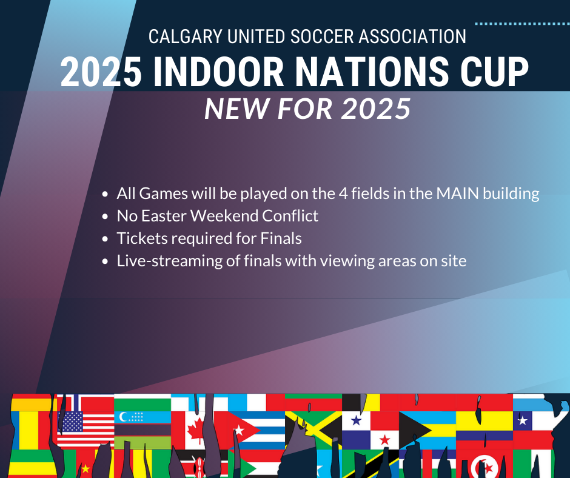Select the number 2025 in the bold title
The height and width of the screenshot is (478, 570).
pos(101,72)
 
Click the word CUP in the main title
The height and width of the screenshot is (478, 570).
pos(494,72)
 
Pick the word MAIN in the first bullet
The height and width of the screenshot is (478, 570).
pos(457,193)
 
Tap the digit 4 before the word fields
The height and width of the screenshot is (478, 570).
pos(343,194)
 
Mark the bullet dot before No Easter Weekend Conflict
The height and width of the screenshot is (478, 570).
pos(105,217)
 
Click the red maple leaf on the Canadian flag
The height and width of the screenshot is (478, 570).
pos(196,430)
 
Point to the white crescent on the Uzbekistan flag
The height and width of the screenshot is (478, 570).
pos(124,417)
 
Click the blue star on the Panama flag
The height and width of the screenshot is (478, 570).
pos(357,420)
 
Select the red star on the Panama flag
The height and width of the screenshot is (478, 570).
pos(384,440)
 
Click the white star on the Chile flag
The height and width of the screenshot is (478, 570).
pos(522,421)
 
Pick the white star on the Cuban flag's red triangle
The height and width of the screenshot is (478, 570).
pos(239,430)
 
